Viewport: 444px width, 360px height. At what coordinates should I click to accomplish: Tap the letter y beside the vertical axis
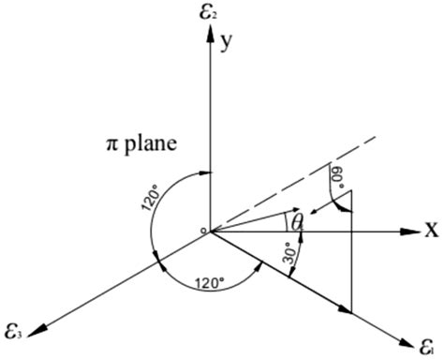coord(227,42)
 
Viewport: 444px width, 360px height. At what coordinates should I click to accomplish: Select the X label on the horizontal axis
coord(432,230)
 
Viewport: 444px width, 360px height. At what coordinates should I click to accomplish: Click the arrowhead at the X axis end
coord(411,231)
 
